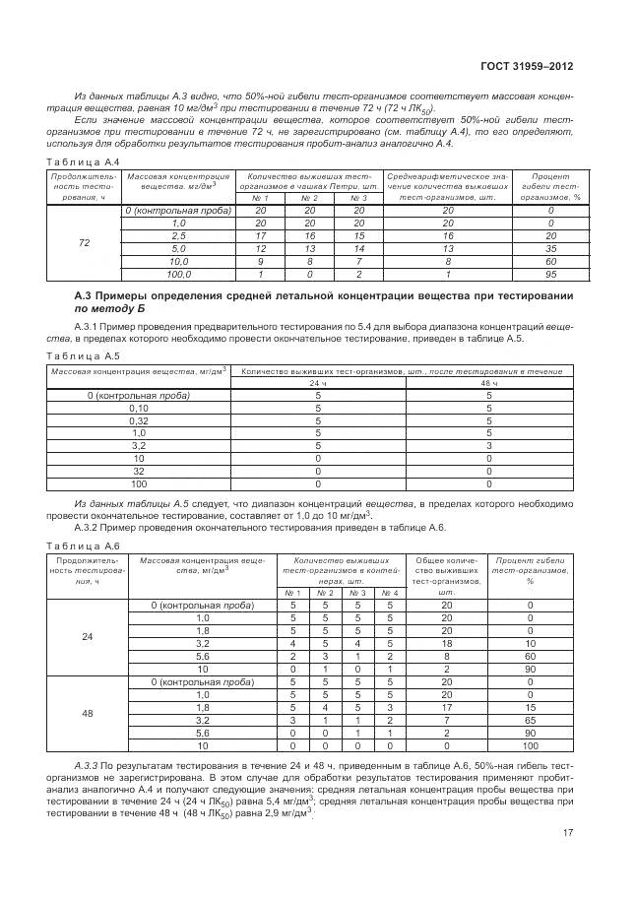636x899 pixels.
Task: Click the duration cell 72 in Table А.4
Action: coord(84,243)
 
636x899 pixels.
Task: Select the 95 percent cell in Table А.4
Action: coord(550,275)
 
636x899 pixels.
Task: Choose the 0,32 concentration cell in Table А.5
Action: coord(138,419)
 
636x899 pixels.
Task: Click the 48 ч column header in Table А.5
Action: coord(488,382)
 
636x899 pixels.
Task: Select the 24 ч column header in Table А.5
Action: coord(318,382)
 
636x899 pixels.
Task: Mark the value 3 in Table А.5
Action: coord(488,445)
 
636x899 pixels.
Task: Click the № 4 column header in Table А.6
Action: coord(389,593)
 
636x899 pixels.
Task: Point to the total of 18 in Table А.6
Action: coord(446,644)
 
